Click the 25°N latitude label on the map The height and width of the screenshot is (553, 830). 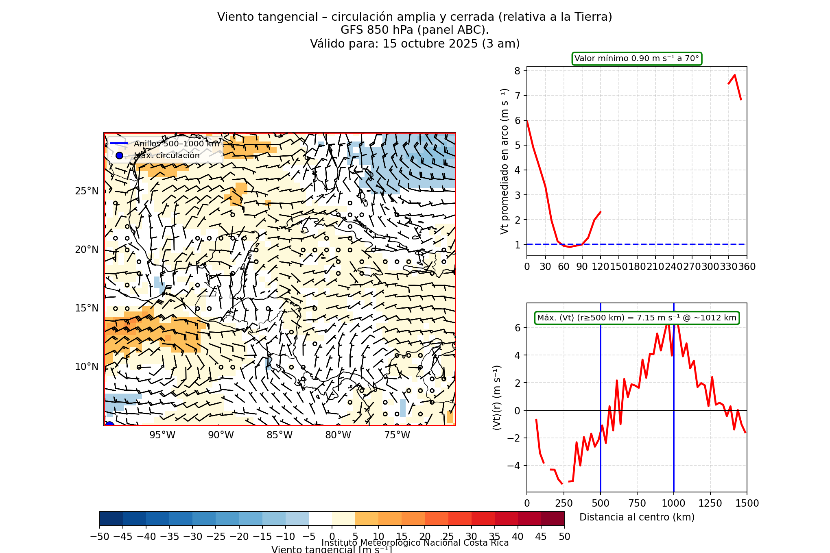(87, 191)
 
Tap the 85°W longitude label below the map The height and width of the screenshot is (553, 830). (280, 435)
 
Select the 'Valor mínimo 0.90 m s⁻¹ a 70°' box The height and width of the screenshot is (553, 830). (637, 59)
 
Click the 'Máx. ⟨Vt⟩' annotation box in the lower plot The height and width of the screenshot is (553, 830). (637, 318)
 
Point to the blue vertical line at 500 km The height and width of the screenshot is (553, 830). (601, 447)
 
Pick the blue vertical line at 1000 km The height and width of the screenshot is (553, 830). (674, 447)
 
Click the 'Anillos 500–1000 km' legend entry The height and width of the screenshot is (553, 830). (176, 144)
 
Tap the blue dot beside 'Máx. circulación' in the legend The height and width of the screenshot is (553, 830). (119, 155)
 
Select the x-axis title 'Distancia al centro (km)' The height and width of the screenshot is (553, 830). (637, 517)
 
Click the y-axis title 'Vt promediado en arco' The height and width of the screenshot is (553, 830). (505, 161)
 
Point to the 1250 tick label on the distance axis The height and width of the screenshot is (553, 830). (710, 503)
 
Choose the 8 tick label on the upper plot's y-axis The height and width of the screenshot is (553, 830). (517, 71)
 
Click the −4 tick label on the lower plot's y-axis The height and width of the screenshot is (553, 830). (514, 466)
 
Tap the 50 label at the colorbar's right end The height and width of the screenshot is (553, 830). (564, 537)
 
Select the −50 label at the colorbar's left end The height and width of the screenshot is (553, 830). (100, 537)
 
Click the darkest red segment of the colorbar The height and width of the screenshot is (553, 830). (553, 518)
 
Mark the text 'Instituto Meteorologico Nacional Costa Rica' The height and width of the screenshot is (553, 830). (415, 543)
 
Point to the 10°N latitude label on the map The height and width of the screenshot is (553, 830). (87, 367)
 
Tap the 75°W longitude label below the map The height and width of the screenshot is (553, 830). (397, 435)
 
